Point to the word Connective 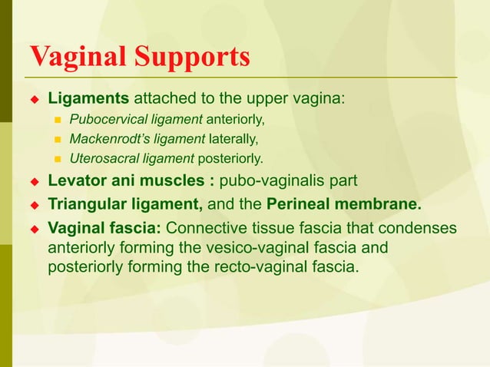click(x=205, y=229)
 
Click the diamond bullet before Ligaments click(x=34, y=100)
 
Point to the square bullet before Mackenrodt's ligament click(x=57, y=140)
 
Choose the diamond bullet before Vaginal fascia click(x=34, y=229)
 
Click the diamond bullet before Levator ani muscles click(x=34, y=183)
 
